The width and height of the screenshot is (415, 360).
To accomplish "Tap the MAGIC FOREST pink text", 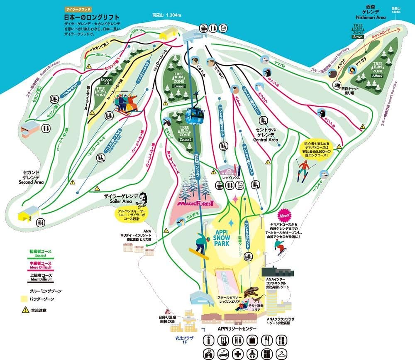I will (195, 203).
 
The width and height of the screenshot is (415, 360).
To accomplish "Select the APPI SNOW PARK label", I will (226, 235).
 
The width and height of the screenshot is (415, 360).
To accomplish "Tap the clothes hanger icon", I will (282, 354).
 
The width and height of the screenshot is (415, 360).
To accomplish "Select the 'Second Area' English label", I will (31, 182).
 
